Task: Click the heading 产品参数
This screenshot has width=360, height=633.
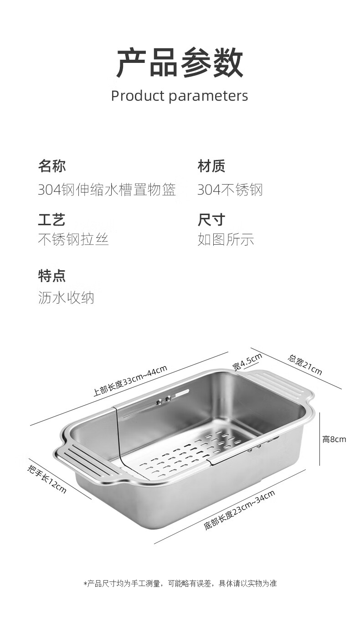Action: [x=180, y=62]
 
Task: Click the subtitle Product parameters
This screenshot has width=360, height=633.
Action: [x=180, y=96]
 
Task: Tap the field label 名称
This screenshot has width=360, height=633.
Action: [x=51, y=166]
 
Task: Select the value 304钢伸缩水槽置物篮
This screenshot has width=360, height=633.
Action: [x=107, y=190]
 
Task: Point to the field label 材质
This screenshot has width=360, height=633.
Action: [x=211, y=166]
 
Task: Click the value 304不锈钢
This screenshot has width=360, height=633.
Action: [x=230, y=190]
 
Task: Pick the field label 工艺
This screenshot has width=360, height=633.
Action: [x=51, y=219]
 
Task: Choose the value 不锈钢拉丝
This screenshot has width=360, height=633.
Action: [x=73, y=239]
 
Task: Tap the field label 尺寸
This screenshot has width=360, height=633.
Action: [x=211, y=219]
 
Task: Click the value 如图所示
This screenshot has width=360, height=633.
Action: [x=226, y=239]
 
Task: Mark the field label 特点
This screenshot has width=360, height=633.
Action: [x=51, y=276]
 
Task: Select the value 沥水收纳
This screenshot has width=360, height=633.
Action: [x=66, y=298]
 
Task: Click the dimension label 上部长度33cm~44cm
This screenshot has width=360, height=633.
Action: [x=130, y=381]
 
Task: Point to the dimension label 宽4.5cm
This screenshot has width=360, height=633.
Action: [x=247, y=362]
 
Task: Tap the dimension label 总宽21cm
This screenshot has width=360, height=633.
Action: [x=305, y=365]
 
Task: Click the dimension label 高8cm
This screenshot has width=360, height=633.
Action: [x=334, y=439]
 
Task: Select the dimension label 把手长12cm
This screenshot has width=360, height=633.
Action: [x=47, y=479]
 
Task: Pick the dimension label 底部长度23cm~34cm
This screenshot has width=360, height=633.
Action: [x=239, y=510]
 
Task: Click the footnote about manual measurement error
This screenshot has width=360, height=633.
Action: [x=180, y=583]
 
